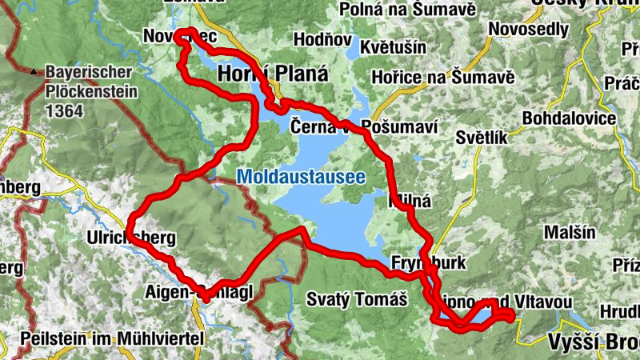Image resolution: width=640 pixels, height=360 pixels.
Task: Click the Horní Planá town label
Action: point(273,74)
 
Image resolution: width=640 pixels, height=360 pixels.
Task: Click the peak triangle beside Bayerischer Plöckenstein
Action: point(34,72)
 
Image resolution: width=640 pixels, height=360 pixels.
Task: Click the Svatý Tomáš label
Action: point(357,300)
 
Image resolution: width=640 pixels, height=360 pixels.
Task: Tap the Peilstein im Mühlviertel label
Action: point(113,338)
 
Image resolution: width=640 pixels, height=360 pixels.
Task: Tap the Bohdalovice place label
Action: point(569,118)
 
